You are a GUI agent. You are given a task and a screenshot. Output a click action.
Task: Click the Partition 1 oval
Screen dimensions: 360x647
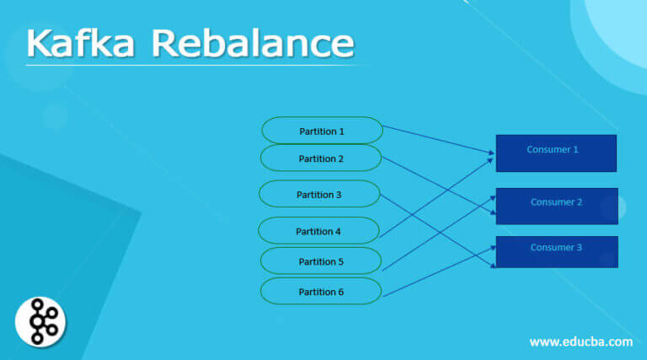click(x=322, y=131)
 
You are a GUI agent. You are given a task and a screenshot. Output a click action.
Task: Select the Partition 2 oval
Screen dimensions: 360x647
click(x=321, y=159)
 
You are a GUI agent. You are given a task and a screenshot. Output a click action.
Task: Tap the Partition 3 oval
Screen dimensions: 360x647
click(x=319, y=195)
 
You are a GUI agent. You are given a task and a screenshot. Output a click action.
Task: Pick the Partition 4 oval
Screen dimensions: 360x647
click(x=318, y=231)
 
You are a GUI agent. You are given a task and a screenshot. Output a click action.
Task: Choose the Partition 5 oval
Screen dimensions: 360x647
click(x=321, y=261)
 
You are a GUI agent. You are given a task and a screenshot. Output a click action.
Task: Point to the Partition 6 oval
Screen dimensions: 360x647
click(x=321, y=292)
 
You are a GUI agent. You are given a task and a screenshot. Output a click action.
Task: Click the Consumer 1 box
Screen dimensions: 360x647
click(x=556, y=153)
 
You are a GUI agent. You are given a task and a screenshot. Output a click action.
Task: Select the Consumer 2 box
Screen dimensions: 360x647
click(x=556, y=206)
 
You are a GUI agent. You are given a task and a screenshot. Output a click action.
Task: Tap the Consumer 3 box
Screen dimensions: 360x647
click(x=556, y=252)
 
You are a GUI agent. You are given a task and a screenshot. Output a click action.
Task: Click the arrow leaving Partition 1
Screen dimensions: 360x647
click(x=438, y=140)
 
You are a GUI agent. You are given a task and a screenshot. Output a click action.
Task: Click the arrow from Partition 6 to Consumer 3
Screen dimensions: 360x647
click(x=438, y=271)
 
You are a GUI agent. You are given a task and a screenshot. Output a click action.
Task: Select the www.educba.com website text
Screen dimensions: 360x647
click(x=580, y=341)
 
